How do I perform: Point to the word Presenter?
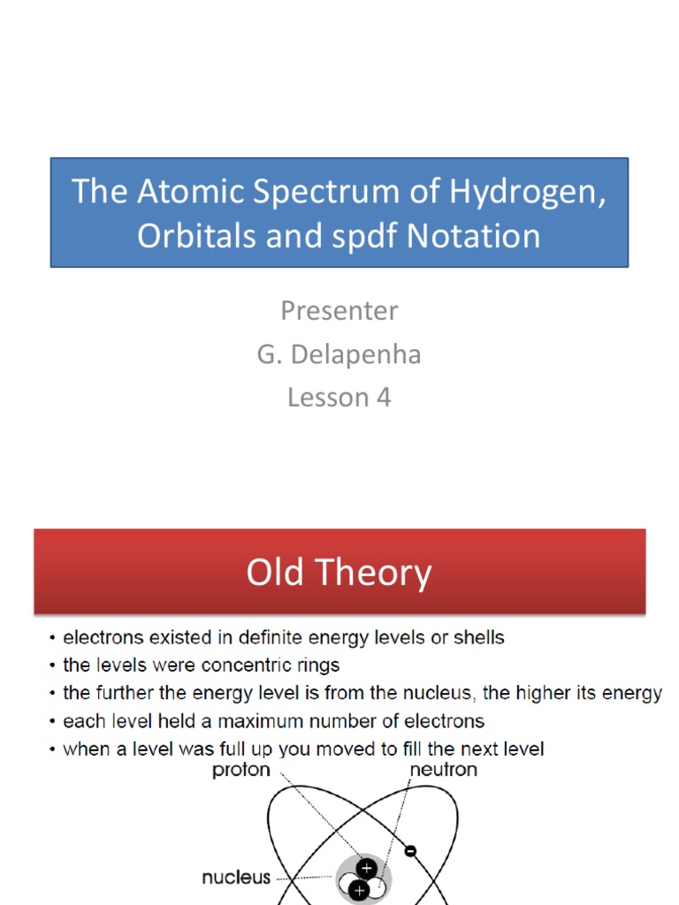[339, 310]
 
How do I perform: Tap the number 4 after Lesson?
[384, 397]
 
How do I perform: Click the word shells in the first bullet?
[478, 636]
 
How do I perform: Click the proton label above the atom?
[241, 770]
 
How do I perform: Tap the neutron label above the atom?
[443, 770]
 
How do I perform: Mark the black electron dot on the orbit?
[410, 852]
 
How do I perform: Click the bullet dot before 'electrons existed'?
[55, 637]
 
